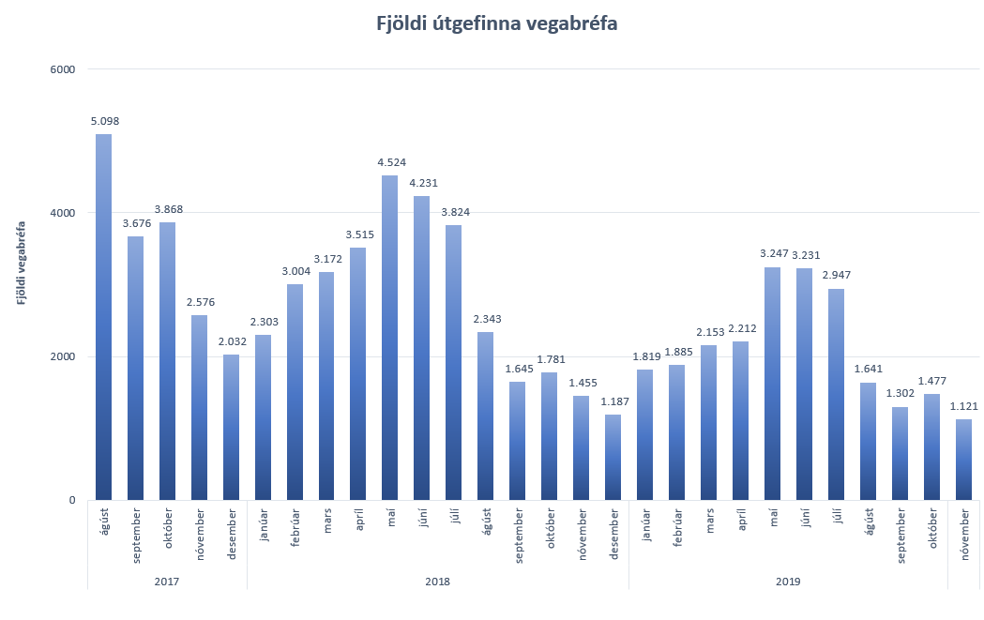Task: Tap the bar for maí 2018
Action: (389, 338)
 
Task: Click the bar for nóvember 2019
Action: (963, 460)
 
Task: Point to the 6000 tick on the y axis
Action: (62, 68)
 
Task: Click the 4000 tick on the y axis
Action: (62, 213)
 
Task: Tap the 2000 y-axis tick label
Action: (62, 356)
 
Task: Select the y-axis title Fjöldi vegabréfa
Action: (21, 264)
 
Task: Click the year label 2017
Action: (167, 582)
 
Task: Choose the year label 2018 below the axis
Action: (437, 582)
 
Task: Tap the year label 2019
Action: (788, 582)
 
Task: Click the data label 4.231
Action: (421, 183)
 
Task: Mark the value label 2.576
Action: (199, 302)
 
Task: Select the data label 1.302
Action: (899, 394)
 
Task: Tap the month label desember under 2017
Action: (231, 535)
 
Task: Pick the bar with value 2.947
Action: (836, 394)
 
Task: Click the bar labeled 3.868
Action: (167, 361)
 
